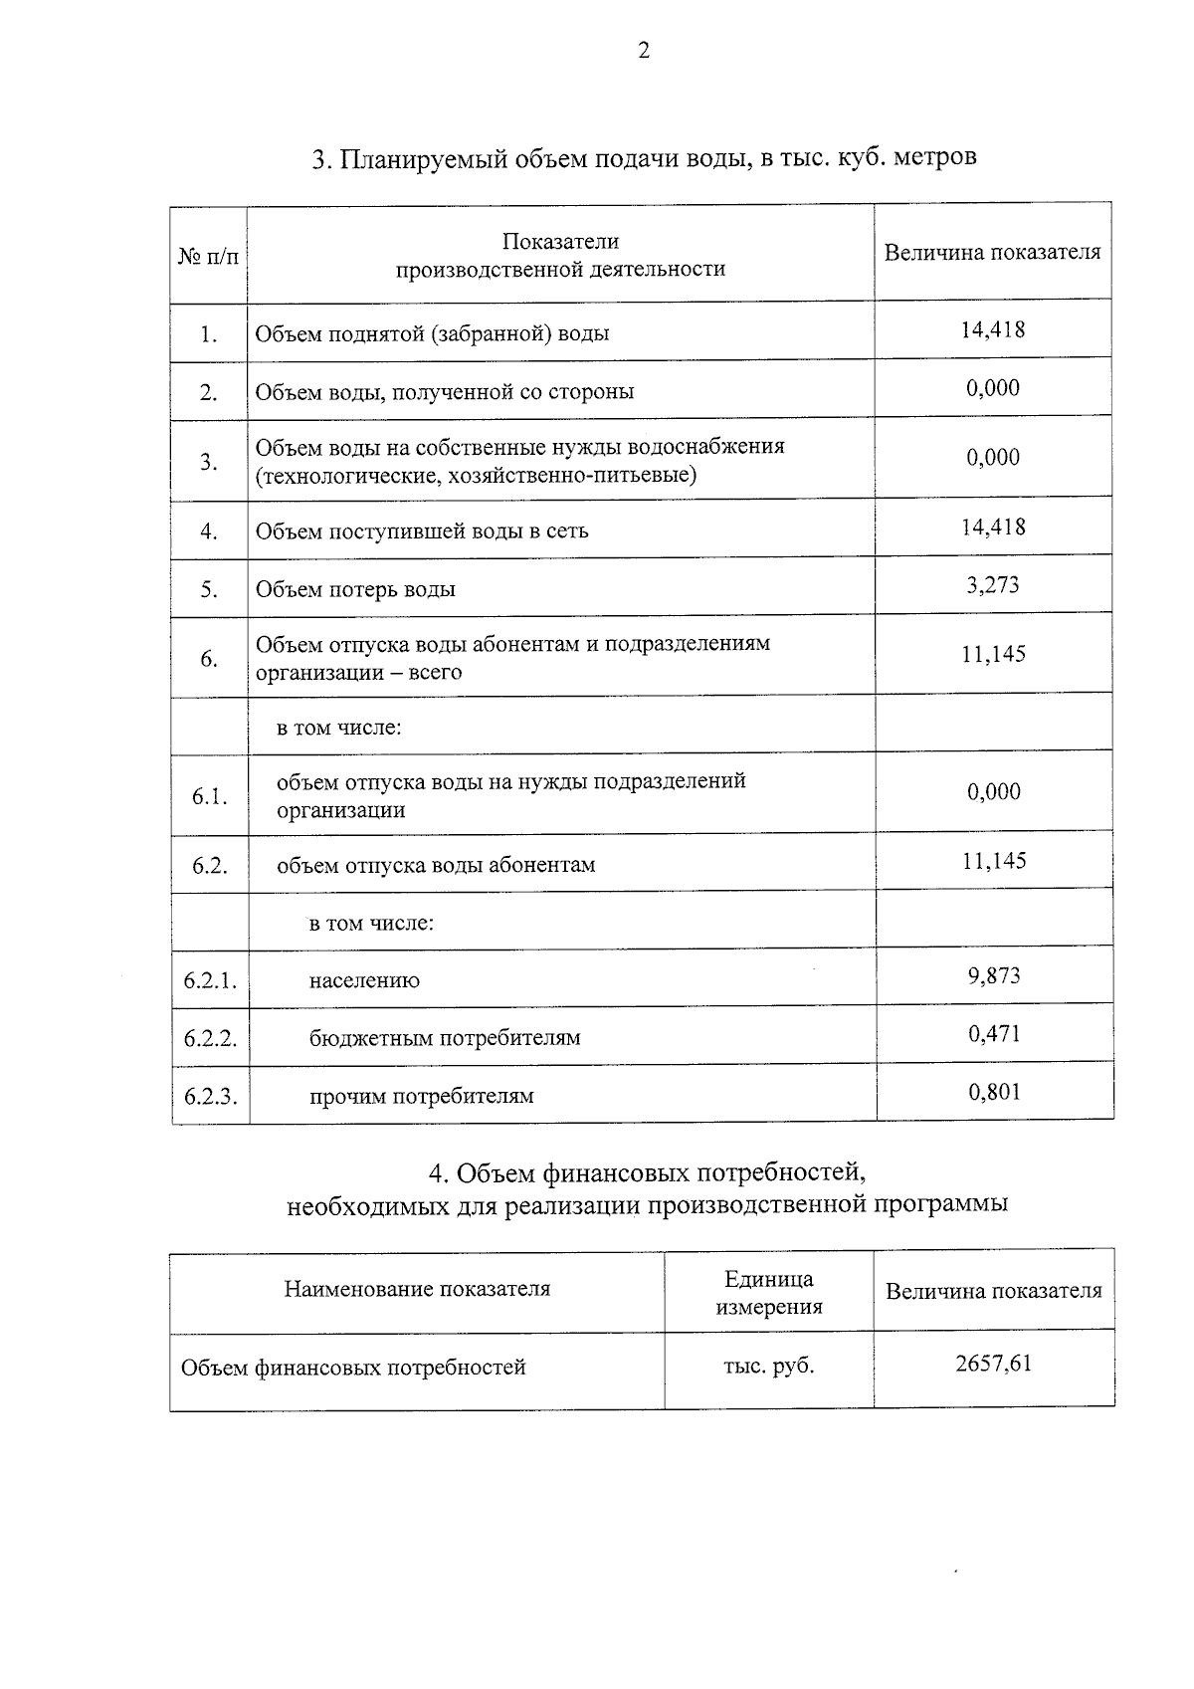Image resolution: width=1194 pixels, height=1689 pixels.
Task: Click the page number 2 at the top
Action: coord(644,52)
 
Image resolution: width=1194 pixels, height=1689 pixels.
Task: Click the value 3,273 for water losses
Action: coord(993,584)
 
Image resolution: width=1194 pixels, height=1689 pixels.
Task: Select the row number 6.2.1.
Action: coord(210,980)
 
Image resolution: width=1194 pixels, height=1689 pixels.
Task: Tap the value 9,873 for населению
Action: coord(994,975)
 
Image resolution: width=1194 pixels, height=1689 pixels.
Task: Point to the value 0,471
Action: coord(994,1034)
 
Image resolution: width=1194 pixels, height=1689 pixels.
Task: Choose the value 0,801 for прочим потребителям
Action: coord(994,1092)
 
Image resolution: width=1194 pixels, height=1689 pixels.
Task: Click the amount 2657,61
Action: coord(993,1363)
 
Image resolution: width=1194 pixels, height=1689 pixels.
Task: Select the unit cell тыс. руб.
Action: coord(768,1366)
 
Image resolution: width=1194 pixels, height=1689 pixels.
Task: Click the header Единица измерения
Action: coord(768,1293)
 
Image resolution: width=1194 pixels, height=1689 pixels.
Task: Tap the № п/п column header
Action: coord(209,257)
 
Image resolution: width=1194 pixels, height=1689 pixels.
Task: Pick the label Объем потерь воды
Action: coord(355,589)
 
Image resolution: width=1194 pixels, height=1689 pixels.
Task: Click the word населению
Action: coord(364,980)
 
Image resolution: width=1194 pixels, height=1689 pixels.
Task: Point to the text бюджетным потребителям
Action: coord(444,1038)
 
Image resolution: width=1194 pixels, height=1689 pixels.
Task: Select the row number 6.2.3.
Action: coord(210,1097)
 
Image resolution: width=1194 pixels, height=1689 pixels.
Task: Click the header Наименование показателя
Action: coord(417,1289)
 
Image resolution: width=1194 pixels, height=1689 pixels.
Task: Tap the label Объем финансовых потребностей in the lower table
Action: coord(353,1368)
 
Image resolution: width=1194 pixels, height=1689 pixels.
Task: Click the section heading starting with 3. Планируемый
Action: coord(644,158)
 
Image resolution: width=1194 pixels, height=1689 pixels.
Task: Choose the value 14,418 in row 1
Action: coord(992,329)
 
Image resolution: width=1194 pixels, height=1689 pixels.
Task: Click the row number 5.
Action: coord(209,589)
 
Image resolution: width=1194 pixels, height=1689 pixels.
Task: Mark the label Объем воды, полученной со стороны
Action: coord(444,391)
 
